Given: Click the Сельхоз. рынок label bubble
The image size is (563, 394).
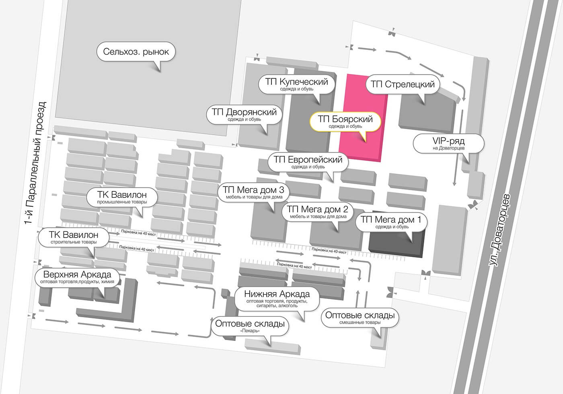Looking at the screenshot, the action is click(x=136, y=52).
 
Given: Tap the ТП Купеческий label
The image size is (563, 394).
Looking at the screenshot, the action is click(x=297, y=84).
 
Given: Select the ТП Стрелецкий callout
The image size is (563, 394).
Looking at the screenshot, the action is click(x=403, y=84).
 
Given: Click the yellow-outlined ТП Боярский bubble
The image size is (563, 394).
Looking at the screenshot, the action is click(x=345, y=121).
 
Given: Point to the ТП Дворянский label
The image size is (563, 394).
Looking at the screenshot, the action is click(x=244, y=115).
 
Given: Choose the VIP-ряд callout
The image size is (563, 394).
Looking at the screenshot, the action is click(x=448, y=144).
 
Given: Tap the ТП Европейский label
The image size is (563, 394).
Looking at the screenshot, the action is click(x=308, y=162).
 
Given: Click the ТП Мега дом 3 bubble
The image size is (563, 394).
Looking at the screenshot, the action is click(x=254, y=193).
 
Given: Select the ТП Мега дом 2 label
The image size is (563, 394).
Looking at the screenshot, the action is click(x=318, y=212).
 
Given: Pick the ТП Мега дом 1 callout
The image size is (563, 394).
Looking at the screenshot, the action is click(x=391, y=222).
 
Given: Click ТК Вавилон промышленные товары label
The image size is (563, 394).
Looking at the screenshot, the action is click(x=122, y=197).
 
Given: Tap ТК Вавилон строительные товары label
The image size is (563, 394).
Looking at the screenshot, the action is click(x=74, y=238).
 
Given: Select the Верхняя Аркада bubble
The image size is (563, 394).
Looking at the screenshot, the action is click(x=77, y=277).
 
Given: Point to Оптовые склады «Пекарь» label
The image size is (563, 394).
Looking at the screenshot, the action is click(x=250, y=326).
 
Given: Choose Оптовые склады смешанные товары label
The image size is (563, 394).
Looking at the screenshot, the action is click(x=360, y=318).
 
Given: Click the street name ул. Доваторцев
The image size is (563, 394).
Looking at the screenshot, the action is click(x=499, y=230).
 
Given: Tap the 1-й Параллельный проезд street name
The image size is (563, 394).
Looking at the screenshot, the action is click(x=35, y=163).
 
